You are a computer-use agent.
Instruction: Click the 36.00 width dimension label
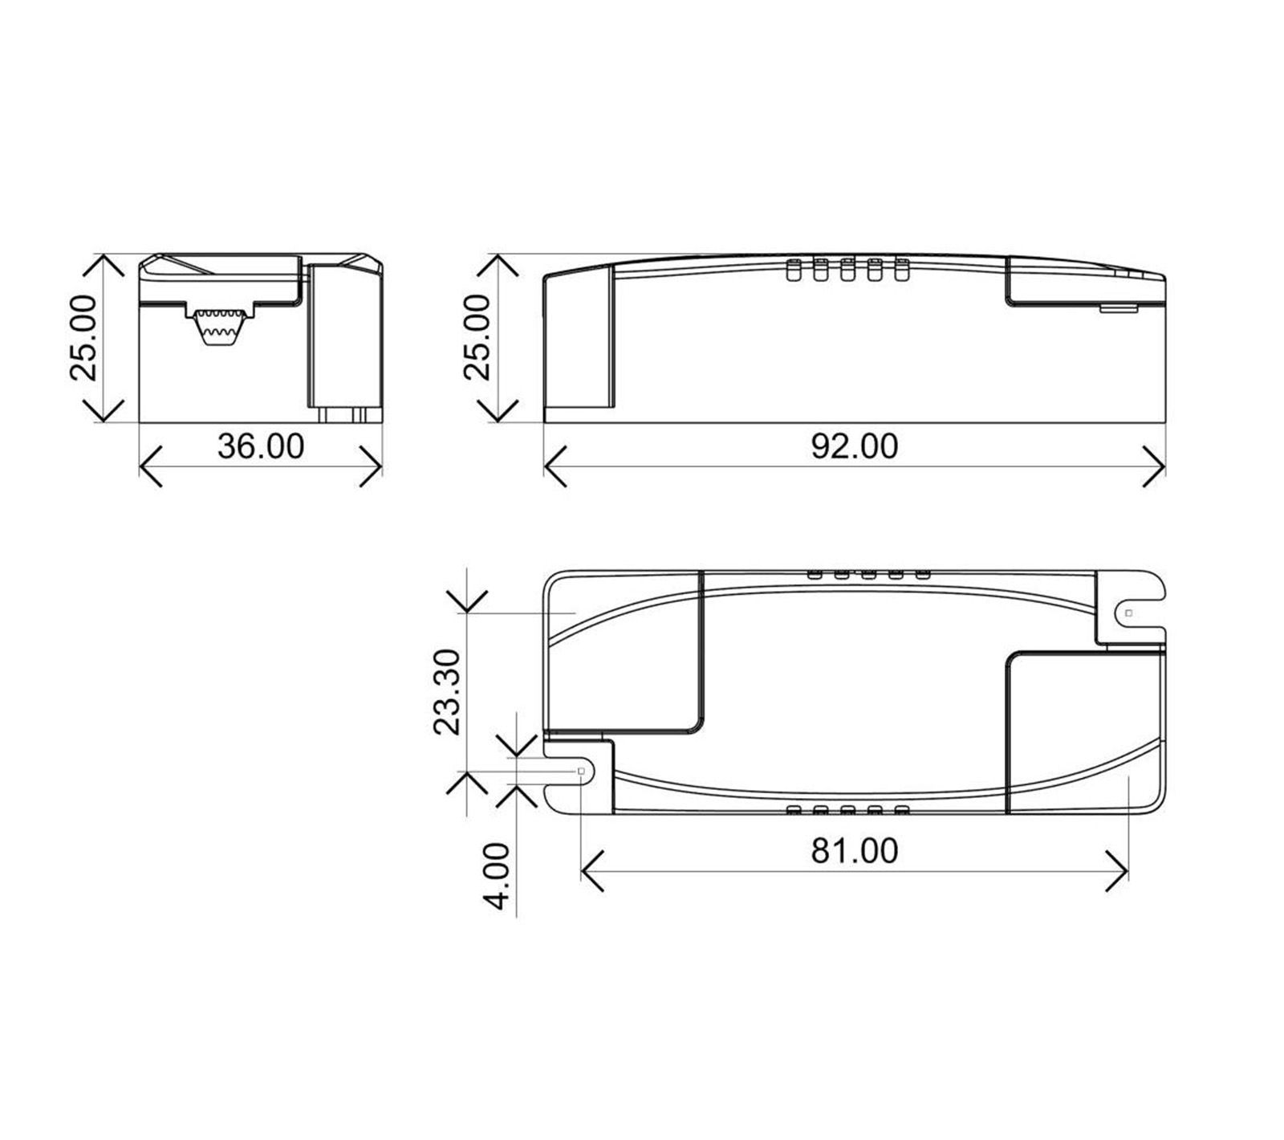[261, 446]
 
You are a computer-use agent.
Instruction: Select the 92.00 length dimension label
[854, 446]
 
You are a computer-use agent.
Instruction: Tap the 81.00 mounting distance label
[854, 851]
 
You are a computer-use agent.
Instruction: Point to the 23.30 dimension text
[446, 692]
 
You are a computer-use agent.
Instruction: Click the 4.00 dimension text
[498, 876]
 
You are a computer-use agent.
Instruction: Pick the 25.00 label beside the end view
[83, 337]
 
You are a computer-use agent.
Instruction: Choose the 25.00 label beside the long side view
[477, 337]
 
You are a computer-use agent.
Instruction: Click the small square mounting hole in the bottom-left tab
[581, 771]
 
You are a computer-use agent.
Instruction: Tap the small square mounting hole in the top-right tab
[1128, 613]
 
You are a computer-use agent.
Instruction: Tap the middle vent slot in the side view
[847, 271]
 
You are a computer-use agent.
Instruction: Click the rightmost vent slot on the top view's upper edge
[922, 574]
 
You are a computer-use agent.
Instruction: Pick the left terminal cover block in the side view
[579, 345]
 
